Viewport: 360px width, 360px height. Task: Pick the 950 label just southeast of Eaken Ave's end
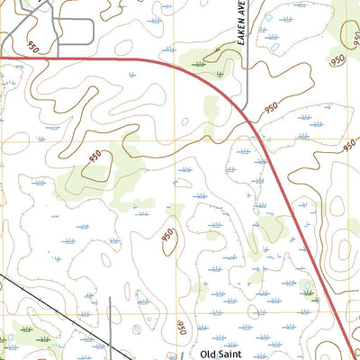coord(271,108)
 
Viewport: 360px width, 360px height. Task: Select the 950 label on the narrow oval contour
coord(168,235)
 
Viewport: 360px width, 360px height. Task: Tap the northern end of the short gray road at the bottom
coord(110,299)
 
